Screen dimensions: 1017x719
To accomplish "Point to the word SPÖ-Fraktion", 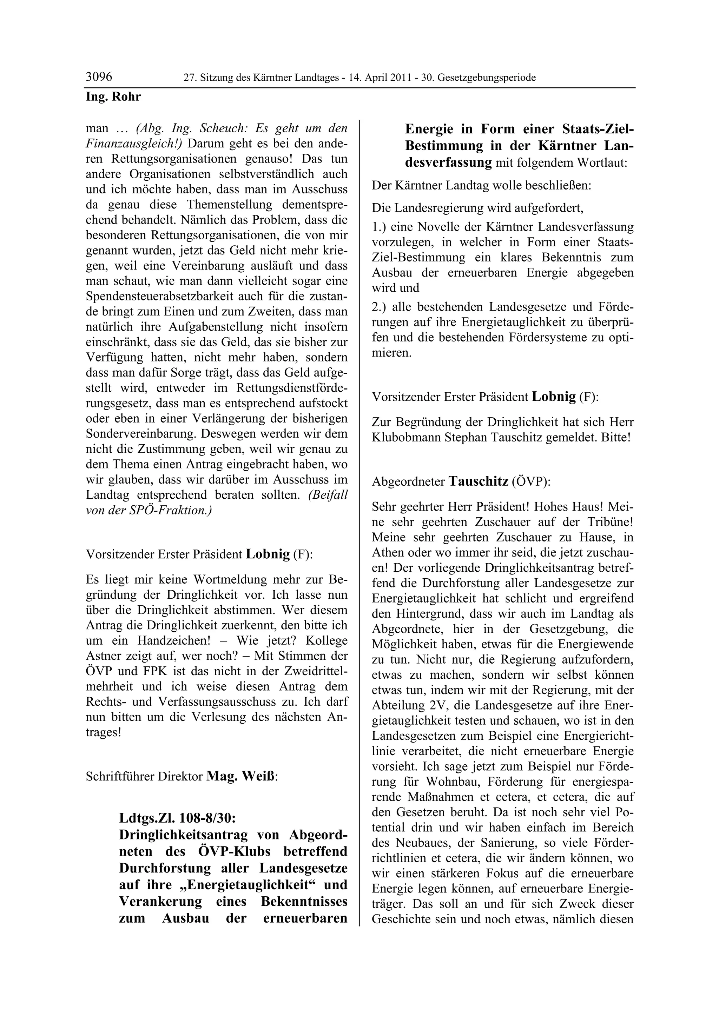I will click(x=178, y=510).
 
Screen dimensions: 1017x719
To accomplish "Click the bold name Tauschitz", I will click(x=479, y=481).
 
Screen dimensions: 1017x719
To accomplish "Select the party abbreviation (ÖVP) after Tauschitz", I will click(x=530, y=482).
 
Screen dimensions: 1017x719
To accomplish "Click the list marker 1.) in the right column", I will click(x=380, y=227).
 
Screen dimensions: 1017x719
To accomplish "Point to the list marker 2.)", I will click(x=380, y=307).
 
